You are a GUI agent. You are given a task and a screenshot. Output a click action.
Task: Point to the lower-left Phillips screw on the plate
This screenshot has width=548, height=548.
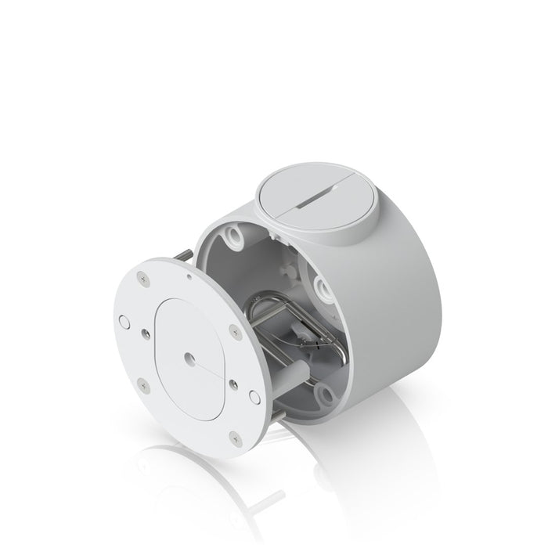tap(141, 384)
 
